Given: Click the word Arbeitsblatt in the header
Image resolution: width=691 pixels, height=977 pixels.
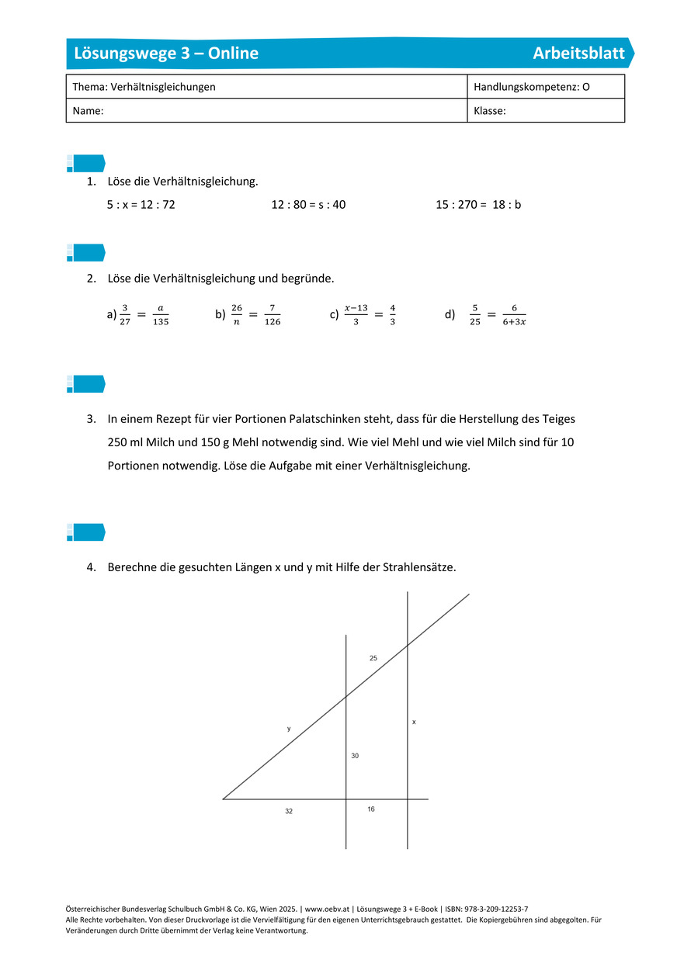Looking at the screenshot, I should pos(578,54).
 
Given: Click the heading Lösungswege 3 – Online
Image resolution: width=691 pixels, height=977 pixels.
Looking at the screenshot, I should pos(166,54).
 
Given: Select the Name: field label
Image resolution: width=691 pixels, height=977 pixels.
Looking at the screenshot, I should pos(88,111).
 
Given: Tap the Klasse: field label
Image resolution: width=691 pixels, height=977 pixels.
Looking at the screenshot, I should pos(490,111).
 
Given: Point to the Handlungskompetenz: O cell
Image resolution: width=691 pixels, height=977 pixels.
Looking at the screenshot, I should pos(531,87).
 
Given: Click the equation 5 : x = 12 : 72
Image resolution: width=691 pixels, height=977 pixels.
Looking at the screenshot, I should pos(141,205).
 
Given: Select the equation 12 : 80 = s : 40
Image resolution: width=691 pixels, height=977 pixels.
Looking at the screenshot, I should pos(308,205).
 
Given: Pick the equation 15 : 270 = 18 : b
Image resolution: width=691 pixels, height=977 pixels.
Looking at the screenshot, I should pos(478,205).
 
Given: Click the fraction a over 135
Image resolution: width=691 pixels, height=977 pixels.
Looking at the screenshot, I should pos(161,314).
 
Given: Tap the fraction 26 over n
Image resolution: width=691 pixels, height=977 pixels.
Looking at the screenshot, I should pos(237,314).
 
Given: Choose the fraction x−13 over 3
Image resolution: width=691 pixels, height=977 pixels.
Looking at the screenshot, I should pos(356,314).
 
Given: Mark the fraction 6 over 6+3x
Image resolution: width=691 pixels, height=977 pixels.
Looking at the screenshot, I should pos(514,314).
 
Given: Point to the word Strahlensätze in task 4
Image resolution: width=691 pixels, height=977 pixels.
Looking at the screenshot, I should pos(422,567).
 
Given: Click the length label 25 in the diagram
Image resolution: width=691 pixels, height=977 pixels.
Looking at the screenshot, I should pos(373,658).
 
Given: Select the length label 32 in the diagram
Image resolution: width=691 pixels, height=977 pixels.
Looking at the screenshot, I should pos(289,811).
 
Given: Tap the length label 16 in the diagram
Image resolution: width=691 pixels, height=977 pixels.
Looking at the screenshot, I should pos(371,809).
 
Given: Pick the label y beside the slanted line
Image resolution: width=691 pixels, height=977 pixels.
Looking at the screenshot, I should pos(289,729).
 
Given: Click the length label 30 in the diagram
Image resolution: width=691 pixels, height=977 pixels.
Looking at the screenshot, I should pos(355,755).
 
